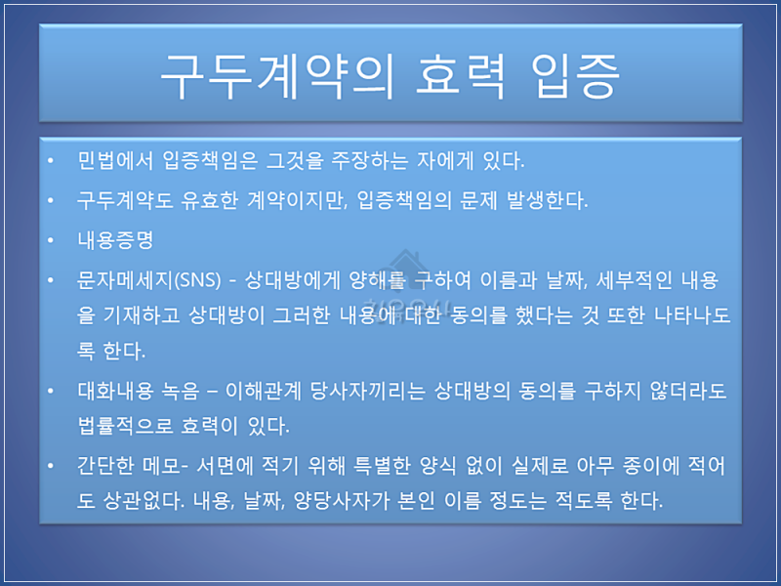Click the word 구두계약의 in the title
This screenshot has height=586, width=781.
[277, 76]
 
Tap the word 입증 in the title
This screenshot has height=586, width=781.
[575, 76]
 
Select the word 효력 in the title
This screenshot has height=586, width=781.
[461, 76]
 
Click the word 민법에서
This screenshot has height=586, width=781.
[115, 160]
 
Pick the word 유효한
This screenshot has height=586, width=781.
[209, 200]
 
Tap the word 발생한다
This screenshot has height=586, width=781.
[547, 200]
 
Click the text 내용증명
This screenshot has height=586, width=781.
[115, 240]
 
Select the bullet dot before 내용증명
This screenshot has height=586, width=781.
[51, 240]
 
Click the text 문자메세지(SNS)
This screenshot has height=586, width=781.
[149, 280]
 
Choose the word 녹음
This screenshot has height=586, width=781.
[181, 391]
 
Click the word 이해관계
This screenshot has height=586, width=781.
[264, 391]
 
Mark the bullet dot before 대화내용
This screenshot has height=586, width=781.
[51, 391]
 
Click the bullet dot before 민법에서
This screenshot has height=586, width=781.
[51, 160]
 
